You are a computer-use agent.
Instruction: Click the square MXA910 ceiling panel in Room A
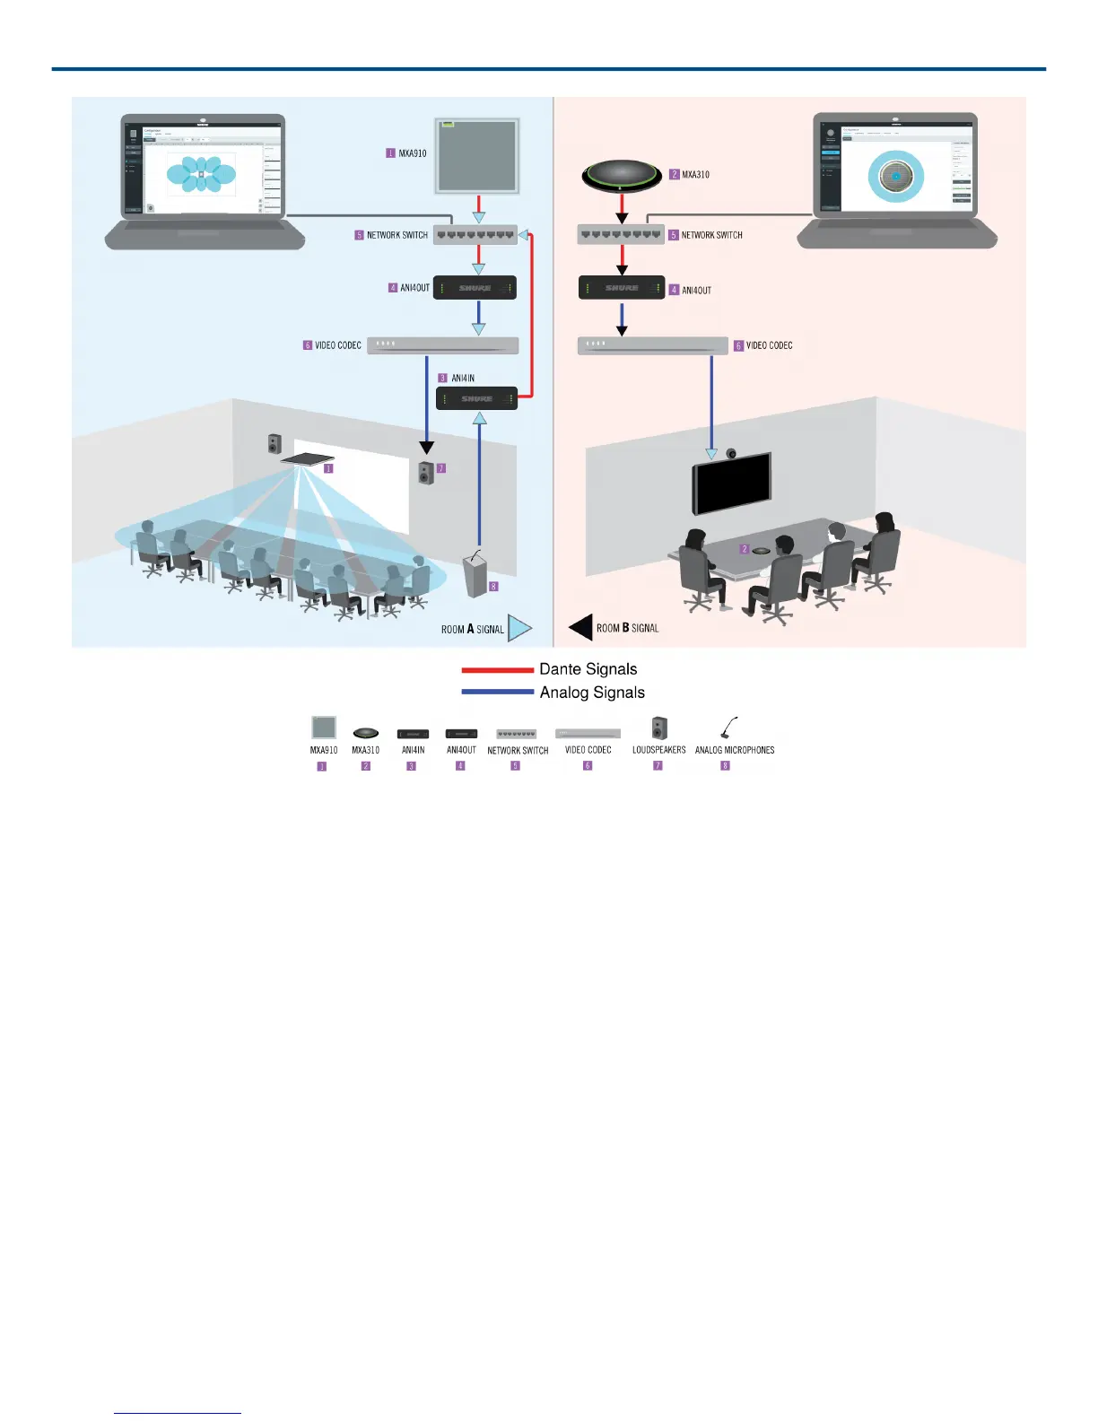(x=477, y=155)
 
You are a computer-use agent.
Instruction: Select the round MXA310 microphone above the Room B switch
(x=622, y=175)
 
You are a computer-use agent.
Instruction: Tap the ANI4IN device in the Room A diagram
(x=476, y=397)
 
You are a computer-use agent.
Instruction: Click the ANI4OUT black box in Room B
(x=622, y=288)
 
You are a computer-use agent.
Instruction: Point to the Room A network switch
(x=475, y=235)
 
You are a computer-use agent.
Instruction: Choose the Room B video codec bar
(x=652, y=345)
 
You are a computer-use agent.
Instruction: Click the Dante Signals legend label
(x=588, y=669)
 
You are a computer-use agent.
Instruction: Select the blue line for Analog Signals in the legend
(x=498, y=692)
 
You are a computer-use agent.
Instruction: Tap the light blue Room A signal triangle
(x=519, y=628)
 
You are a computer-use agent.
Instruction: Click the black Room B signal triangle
(x=581, y=628)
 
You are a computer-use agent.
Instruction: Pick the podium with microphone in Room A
(x=475, y=574)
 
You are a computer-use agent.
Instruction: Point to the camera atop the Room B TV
(x=732, y=453)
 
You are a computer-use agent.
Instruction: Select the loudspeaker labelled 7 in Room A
(x=426, y=472)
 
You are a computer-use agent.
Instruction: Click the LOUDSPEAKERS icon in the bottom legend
(x=659, y=728)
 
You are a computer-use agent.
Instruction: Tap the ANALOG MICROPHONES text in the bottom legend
(x=735, y=750)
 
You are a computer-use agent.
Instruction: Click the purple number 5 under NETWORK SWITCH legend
(x=516, y=766)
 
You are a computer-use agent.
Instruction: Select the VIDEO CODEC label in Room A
(x=338, y=345)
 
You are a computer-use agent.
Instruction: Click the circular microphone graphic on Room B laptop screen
(x=895, y=177)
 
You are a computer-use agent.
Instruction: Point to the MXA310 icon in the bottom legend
(x=365, y=733)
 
